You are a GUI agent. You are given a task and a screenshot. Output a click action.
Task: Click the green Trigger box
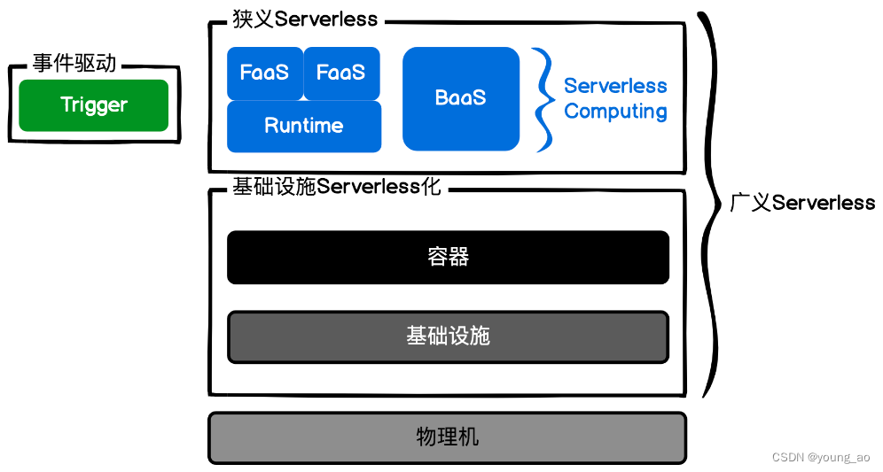[93, 105]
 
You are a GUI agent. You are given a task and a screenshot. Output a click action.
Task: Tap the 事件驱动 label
[74, 64]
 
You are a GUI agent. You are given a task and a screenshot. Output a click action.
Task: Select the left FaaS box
[264, 73]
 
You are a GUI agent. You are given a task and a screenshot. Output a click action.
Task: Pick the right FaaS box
[341, 73]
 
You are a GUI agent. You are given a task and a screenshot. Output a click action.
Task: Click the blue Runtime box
[303, 126]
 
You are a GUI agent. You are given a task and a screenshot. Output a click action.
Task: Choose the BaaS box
[460, 97]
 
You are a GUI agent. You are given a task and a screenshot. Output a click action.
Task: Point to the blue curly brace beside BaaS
[543, 99]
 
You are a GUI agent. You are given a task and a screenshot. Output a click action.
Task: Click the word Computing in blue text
[615, 112]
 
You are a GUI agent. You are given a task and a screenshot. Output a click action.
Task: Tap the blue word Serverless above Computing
[615, 86]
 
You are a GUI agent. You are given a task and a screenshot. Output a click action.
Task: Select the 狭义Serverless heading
[303, 19]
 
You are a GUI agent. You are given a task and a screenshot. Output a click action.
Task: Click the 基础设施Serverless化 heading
[336, 187]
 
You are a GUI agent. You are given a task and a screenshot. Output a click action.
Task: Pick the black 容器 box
[448, 257]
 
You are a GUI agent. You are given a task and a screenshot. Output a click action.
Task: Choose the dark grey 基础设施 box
[448, 337]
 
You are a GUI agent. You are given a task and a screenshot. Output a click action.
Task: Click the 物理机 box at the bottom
[447, 437]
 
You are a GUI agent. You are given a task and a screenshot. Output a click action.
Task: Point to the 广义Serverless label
[801, 203]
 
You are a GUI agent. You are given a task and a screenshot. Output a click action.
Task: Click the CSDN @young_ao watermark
[821, 458]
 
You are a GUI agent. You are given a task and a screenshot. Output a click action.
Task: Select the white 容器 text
[448, 257]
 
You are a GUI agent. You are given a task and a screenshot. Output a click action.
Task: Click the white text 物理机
[447, 437]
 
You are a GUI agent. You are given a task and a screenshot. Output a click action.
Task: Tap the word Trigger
[93, 105]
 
